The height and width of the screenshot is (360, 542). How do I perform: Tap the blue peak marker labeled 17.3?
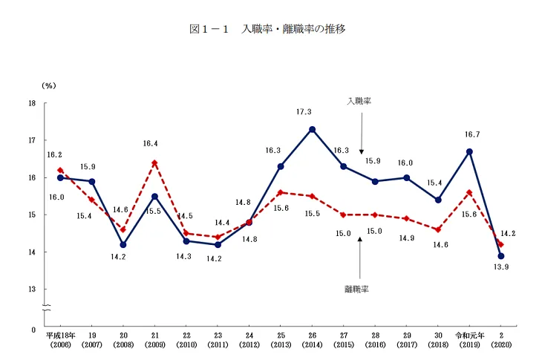pyautogui.click(x=313, y=129)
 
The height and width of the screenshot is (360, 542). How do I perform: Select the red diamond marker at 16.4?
pyautogui.click(x=154, y=163)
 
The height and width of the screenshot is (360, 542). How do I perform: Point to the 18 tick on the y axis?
pyautogui.click(x=32, y=103)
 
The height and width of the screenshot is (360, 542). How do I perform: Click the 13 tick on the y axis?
pyautogui.click(x=32, y=289)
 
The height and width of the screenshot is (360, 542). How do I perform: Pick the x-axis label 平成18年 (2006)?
pyautogui.click(x=60, y=339)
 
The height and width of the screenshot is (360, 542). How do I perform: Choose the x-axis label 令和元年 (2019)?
pyautogui.click(x=469, y=339)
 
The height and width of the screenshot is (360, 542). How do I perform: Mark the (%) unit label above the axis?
pyautogui.click(x=48, y=85)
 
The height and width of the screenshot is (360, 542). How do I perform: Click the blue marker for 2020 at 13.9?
pyautogui.click(x=501, y=256)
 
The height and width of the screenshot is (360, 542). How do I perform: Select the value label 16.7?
pyautogui.click(x=470, y=135)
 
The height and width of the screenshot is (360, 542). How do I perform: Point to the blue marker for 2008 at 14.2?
pyautogui.click(x=123, y=244)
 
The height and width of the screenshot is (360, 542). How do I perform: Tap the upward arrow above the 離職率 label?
pyautogui.click(x=359, y=256)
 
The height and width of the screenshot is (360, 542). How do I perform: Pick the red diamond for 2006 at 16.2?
pyautogui.click(x=60, y=170)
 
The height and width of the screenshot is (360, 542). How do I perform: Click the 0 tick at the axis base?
pyautogui.click(x=33, y=328)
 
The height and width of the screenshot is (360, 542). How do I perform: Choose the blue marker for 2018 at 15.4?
pyautogui.click(x=438, y=200)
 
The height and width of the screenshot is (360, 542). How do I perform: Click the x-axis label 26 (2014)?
pyautogui.click(x=313, y=339)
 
